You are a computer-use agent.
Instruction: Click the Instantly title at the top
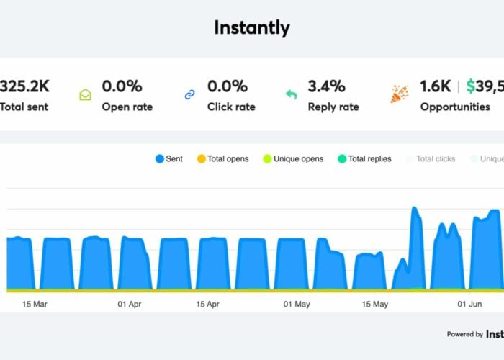pyautogui.click(x=252, y=28)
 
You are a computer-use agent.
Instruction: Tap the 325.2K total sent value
pyautogui.click(x=24, y=86)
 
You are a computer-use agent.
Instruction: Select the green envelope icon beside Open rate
pyautogui.click(x=85, y=94)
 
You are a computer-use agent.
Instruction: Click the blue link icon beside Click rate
pyautogui.click(x=190, y=94)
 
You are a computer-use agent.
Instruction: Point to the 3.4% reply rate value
pyautogui.click(x=325, y=86)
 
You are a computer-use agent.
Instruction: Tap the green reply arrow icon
pyautogui.click(x=292, y=94)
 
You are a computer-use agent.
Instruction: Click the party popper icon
pyautogui.click(x=399, y=94)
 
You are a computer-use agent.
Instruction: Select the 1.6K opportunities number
pyautogui.click(x=436, y=86)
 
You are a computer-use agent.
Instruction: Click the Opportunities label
pyautogui.click(x=455, y=107)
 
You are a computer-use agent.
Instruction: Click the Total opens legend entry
pyautogui.click(x=222, y=158)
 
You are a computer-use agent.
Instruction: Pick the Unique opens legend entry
pyautogui.click(x=293, y=158)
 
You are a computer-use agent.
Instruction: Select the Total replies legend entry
pyautogui.click(x=364, y=158)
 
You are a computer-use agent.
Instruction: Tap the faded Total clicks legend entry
pyautogui.click(x=431, y=158)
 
